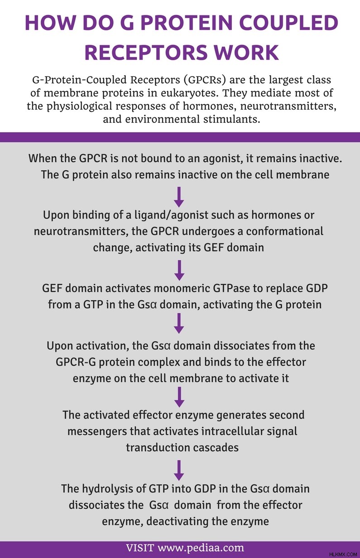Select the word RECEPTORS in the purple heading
pos(146,52)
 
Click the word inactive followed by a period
pos(321,158)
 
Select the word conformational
pos(285,231)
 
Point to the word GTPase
pos(231,288)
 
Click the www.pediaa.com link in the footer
pos(201,548)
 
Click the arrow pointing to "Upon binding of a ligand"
pos(179,197)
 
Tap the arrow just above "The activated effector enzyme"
pos(179,397)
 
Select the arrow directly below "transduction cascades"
pos(179,470)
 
